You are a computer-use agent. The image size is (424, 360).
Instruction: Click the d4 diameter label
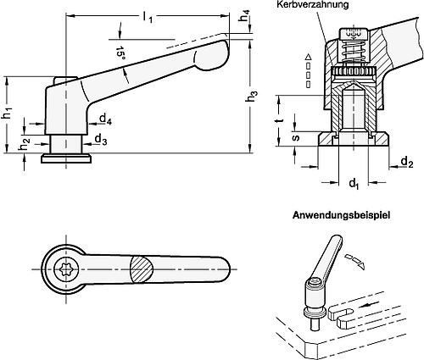102,120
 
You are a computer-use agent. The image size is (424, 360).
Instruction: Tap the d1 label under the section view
356,182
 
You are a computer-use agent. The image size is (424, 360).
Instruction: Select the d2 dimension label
405,161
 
